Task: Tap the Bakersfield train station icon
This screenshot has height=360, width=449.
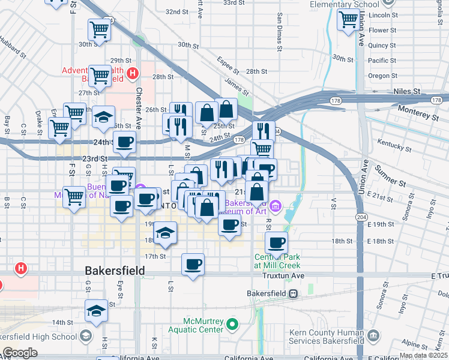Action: (293, 293)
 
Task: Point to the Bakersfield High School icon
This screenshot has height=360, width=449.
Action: (86, 335)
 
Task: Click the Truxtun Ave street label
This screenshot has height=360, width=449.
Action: (283, 275)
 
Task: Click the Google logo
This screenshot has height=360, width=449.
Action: (20, 353)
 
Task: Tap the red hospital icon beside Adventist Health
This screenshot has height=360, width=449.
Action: (133, 74)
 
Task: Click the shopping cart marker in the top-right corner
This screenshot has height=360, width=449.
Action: (348, 20)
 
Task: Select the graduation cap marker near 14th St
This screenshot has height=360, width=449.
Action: (95, 311)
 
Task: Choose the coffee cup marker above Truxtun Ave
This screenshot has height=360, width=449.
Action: (193, 264)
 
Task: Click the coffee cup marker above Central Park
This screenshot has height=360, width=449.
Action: (276, 242)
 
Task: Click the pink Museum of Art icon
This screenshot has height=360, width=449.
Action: (276, 207)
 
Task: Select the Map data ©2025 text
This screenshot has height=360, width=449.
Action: (423, 355)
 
